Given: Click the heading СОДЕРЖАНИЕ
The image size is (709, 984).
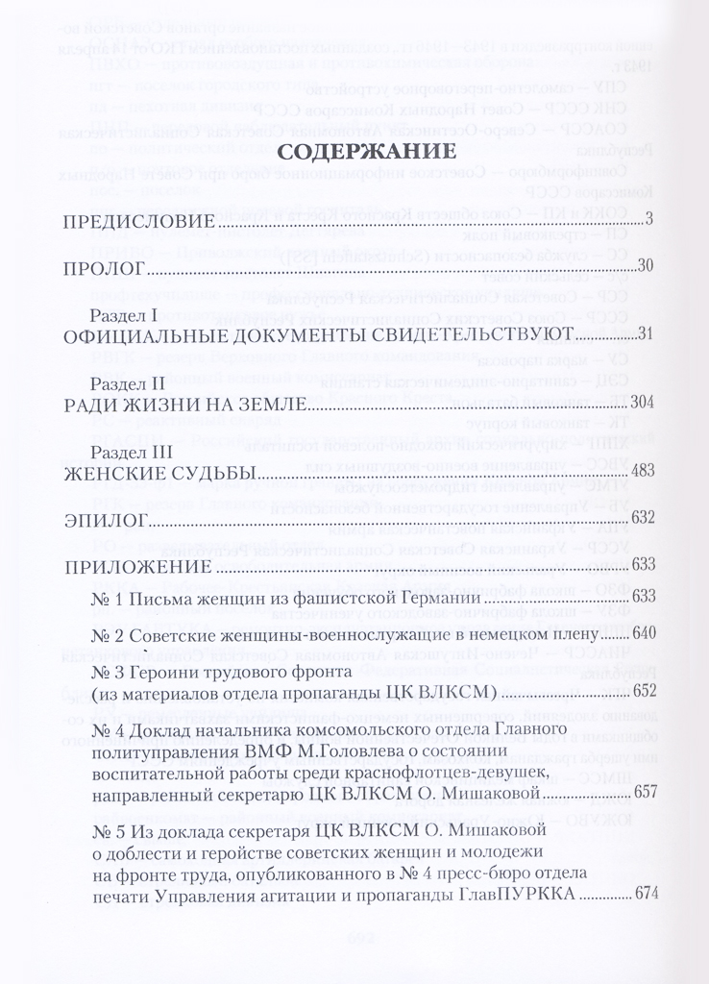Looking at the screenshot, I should [x=354, y=153].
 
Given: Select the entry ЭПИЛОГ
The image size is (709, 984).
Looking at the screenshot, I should [x=103, y=519].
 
